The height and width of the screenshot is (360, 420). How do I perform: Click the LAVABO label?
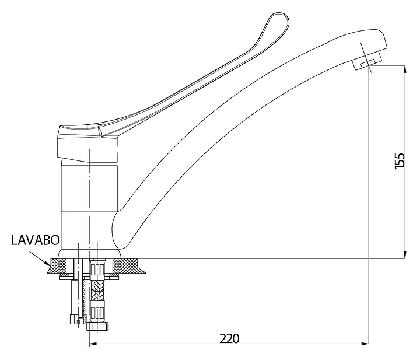(x=36, y=240)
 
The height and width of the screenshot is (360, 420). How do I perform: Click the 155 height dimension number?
(x=400, y=160)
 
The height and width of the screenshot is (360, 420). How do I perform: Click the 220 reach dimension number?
(x=229, y=338)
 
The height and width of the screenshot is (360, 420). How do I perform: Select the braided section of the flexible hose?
(x=98, y=290)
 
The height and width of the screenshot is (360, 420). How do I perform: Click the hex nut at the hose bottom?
(x=98, y=327)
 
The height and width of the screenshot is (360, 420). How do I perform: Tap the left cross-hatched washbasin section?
(x=57, y=266)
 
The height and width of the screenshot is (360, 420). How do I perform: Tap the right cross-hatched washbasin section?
(x=128, y=266)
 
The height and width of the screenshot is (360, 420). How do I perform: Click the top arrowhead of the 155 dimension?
(x=405, y=69)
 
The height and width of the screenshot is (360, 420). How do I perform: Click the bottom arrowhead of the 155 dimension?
(x=405, y=254)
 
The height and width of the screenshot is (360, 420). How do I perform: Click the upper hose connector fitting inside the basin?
(x=98, y=270)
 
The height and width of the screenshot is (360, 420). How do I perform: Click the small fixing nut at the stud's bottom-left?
(x=73, y=319)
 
